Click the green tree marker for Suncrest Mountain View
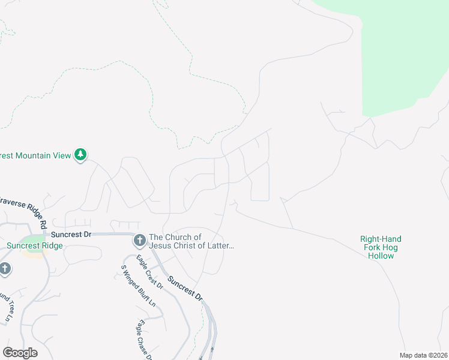pyautogui.click(x=80, y=155)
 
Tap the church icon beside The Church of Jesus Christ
pyautogui.click(x=139, y=241)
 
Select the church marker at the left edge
pyautogui.click(x=5, y=268)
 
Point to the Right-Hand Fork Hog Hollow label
pyautogui.click(x=381, y=247)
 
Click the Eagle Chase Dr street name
pyautogui.click(x=144, y=339)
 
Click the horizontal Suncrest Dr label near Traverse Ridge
pyautogui.click(x=71, y=234)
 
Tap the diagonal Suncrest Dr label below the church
pyautogui.click(x=185, y=289)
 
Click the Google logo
pyautogui.click(x=20, y=353)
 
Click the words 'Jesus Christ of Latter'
pyautogui.click(x=191, y=245)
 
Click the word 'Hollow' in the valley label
pyautogui.click(x=381, y=256)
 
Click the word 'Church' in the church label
pyautogui.click(x=178, y=237)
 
